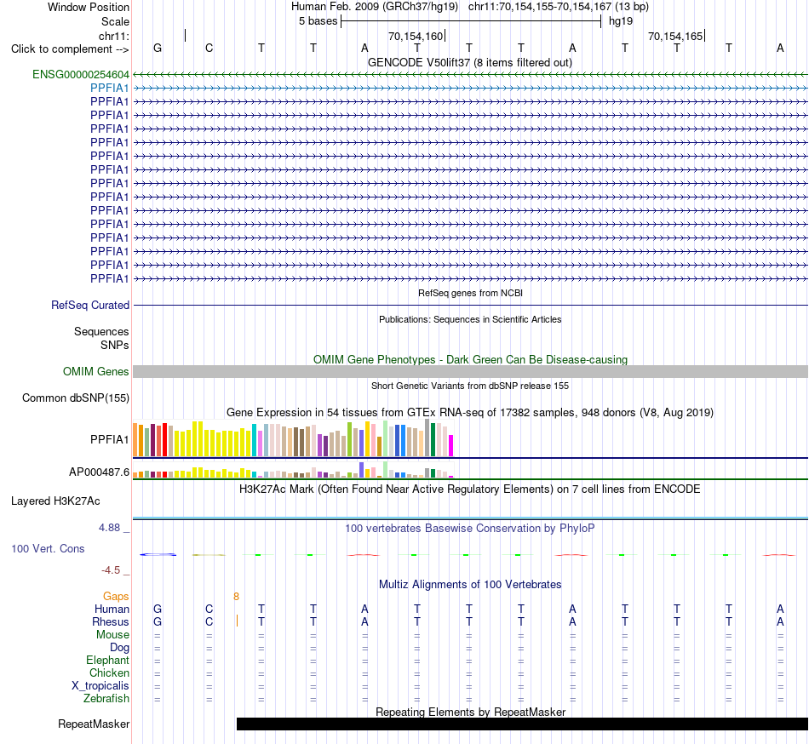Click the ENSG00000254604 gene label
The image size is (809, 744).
[81, 75]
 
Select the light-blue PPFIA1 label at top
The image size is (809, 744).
[109, 89]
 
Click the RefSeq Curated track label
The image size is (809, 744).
[90, 306]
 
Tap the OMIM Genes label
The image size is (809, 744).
[96, 372]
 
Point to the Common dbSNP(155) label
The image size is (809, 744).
[76, 398]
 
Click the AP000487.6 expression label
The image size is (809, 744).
[99, 472]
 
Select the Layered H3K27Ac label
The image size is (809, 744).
[55, 501]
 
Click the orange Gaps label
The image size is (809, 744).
[116, 597]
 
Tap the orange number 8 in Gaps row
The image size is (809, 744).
[236, 597]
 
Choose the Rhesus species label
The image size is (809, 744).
[111, 621]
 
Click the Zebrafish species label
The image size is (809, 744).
[106, 699]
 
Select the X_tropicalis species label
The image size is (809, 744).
[100, 686]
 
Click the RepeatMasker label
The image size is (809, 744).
[94, 724]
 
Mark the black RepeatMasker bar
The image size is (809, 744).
[522, 724]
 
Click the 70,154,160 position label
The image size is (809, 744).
[416, 36]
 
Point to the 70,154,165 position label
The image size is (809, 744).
[675, 36]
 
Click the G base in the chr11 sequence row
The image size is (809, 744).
[158, 48]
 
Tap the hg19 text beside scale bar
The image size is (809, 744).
[621, 21]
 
